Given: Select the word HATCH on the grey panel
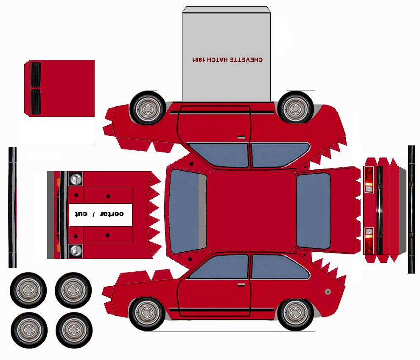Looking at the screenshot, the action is tap(218, 60).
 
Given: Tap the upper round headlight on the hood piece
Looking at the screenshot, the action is tap(76, 179).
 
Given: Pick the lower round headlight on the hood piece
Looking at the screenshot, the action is tap(76, 250).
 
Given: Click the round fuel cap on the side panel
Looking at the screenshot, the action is tap(328, 292).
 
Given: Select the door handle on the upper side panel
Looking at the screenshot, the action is tap(241, 138).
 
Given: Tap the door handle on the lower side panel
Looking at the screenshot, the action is tap(241, 284).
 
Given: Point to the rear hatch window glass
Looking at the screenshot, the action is tap(313, 211).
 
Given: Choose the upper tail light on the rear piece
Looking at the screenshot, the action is tap(369, 180).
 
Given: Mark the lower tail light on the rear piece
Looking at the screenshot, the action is tap(369, 240).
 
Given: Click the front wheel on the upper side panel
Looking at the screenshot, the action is tap(147, 108).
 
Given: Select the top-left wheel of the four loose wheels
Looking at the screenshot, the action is tap(28, 290).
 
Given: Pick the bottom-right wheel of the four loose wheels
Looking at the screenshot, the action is tap(73, 330).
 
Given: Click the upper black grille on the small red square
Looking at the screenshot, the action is tap(36, 74).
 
